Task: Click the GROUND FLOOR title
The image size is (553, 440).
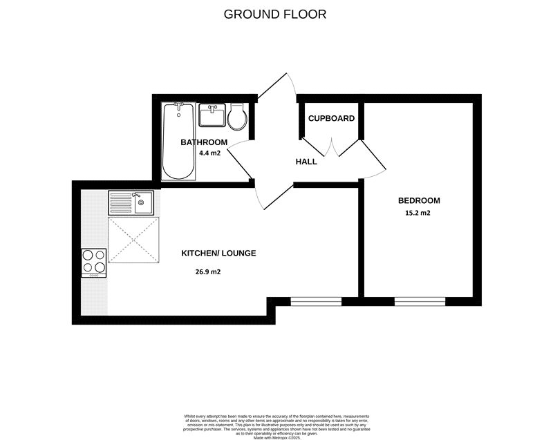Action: pyautogui.click(x=275, y=14)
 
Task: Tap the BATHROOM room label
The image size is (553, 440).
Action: pyautogui.click(x=204, y=142)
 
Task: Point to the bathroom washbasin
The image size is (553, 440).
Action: pyautogui.click(x=212, y=115)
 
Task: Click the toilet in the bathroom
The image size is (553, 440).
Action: pyautogui.click(x=237, y=117)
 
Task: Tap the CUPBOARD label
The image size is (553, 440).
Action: pyautogui.click(x=331, y=118)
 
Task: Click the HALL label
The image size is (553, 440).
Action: pyautogui.click(x=306, y=162)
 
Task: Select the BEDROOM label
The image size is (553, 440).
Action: pyautogui.click(x=418, y=201)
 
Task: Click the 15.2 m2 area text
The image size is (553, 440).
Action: pyautogui.click(x=418, y=213)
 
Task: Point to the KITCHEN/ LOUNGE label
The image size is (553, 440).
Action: pyautogui.click(x=218, y=254)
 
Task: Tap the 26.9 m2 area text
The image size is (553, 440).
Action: pyautogui.click(x=208, y=271)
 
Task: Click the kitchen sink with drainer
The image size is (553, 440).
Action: pyautogui.click(x=131, y=203)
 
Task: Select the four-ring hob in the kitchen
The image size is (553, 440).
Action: pyautogui.click(x=94, y=262)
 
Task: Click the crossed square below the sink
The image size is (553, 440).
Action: pyautogui.click(x=133, y=240)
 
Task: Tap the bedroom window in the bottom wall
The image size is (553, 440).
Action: pyautogui.click(x=420, y=301)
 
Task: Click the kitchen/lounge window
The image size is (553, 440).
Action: pyautogui.click(x=316, y=301)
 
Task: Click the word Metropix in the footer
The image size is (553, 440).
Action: pyautogui.click(x=283, y=437)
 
